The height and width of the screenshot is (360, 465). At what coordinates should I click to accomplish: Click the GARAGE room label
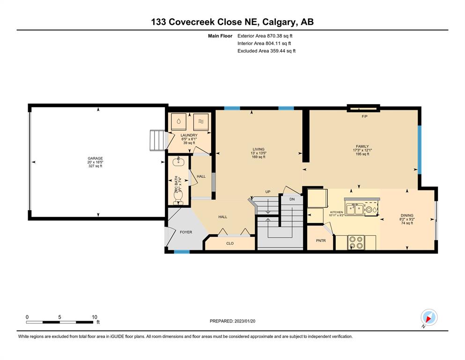click(x=95, y=158)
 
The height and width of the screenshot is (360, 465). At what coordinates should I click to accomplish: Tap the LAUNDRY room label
click(x=189, y=135)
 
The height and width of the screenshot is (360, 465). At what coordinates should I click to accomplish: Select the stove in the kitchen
click(x=356, y=242)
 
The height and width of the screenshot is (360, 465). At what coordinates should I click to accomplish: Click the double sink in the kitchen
click(x=354, y=210)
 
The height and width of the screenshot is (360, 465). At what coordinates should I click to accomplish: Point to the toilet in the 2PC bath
click(x=178, y=198)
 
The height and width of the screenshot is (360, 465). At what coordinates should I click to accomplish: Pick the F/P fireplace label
click(x=364, y=116)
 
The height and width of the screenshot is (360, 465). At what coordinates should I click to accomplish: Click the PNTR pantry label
click(x=321, y=240)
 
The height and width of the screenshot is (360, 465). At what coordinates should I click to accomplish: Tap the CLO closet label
click(x=230, y=243)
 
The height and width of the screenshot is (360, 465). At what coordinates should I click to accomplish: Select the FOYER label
click(x=186, y=232)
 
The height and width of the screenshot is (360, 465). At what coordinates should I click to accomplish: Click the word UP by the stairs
click(x=268, y=192)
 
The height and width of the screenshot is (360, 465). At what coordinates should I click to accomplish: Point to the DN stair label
click(x=292, y=199)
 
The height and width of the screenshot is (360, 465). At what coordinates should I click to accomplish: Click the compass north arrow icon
click(x=429, y=317)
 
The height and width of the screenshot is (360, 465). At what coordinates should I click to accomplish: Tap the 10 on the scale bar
click(x=94, y=317)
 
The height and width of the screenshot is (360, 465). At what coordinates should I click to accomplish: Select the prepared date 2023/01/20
click(x=244, y=321)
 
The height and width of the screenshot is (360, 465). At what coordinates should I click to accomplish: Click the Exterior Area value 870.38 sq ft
click(x=280, y=36)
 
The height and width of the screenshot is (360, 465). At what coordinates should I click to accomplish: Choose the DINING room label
click(x=407, y=216)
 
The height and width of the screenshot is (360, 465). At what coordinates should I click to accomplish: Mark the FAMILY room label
click(x=362, y=146)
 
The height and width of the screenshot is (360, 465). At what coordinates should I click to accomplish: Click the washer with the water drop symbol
click(x=179, y=121)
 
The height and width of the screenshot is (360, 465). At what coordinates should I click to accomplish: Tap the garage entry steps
click(x=157, y=140)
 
